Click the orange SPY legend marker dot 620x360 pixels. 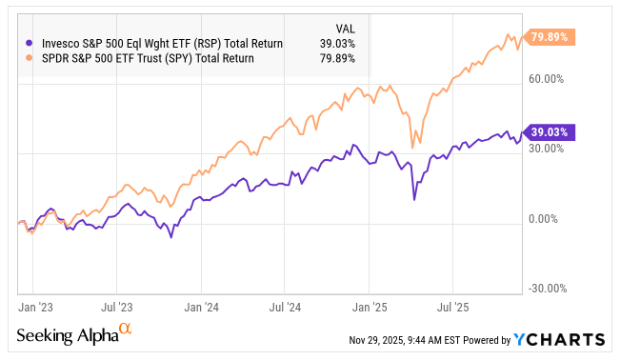point(29,57)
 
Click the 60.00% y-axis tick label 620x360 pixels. point(546,79)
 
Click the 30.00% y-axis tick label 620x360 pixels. point(546,149)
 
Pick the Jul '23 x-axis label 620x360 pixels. point(116,308)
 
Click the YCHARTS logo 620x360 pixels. point(558,339)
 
